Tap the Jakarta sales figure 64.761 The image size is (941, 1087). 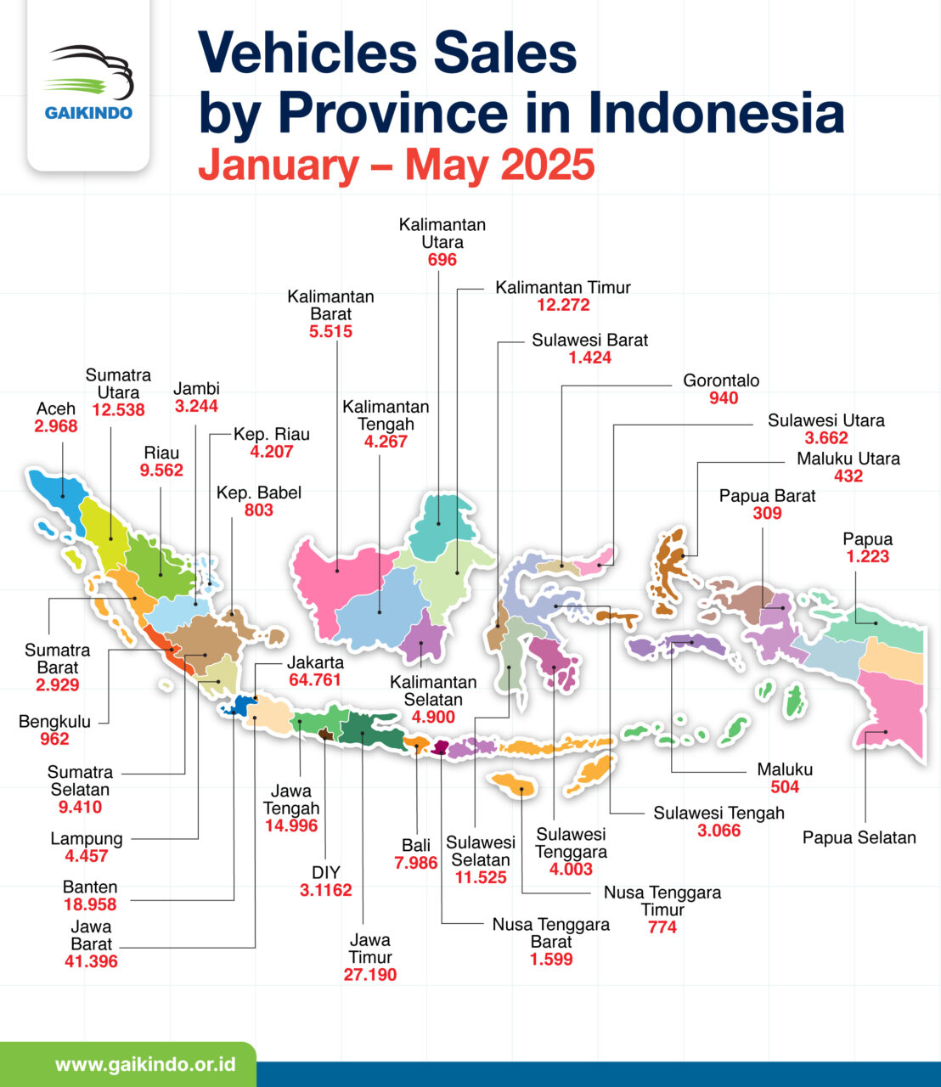click(x=315, y=680)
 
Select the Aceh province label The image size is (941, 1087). click(x=56, y=408)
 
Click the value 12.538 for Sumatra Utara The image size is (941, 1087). click(x=118, y=410)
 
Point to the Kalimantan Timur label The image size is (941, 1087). click(x=563, y=287)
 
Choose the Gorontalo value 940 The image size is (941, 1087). click(x=723, y=398)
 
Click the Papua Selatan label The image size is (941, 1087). click(x=859, y=838)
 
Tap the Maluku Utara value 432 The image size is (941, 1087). click(x=848, y=476)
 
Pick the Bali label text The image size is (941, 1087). click(x=416, y=846)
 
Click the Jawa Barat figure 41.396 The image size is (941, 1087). click(x=91, y=961)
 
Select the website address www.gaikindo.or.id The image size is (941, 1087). click(x=144, y=1065)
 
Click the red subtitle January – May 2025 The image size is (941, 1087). click(x=396, y=165)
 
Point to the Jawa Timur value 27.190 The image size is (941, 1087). click(x=370, y=974)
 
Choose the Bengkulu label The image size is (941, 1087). click(x=54, y=722)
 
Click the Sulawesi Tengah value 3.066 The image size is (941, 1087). click(x=718, y=831)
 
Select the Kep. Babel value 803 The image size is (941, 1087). click(x=259, y=510)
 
